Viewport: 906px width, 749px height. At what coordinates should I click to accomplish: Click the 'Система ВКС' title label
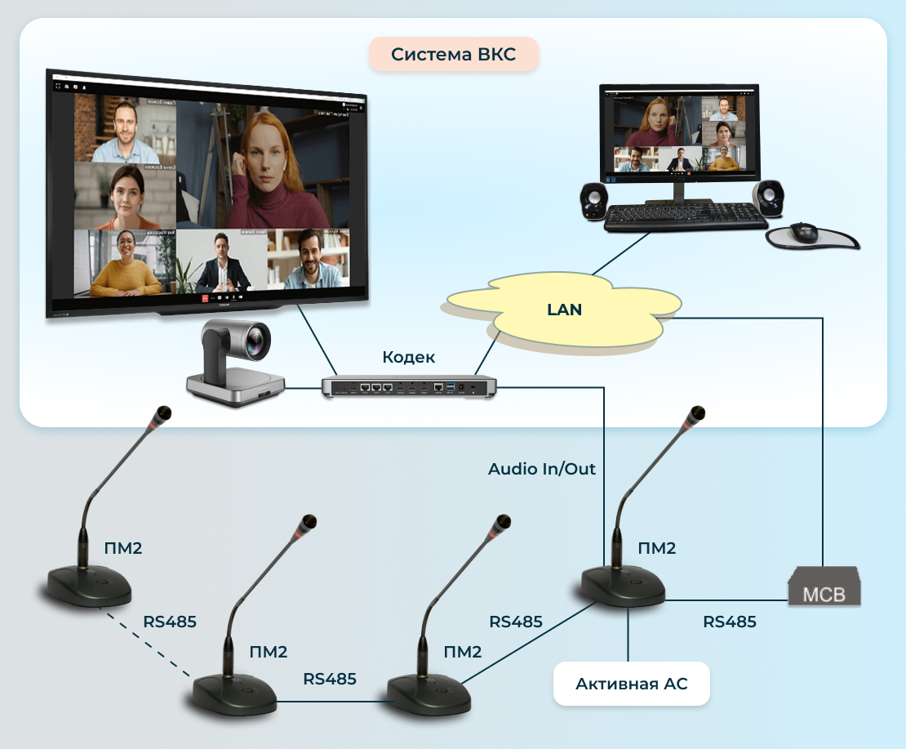pyautogui.click(x=454, y=55)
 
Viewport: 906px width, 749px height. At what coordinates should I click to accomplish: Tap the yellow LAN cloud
pyautogui.click(x=564, y=310)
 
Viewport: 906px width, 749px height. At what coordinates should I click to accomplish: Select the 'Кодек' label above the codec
pyautogui.click(x=408, y=357)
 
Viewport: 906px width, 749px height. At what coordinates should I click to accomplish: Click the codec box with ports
pyautogui.click(x=408, y=386)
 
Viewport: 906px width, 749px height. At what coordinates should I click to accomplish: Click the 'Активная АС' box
pyautogui.click(x=631, y=684)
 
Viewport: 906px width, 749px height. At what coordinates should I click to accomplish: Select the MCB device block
pyautogui.click(x=824, y=589)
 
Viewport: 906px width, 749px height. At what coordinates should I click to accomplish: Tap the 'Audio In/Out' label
pyautogui.click(x=542, y=469)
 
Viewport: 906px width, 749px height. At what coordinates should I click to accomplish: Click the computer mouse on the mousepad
pyautogui.click(x=803, y=232)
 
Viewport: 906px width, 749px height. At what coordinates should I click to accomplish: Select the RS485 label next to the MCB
pyautogui.click(x=730, y=622)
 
